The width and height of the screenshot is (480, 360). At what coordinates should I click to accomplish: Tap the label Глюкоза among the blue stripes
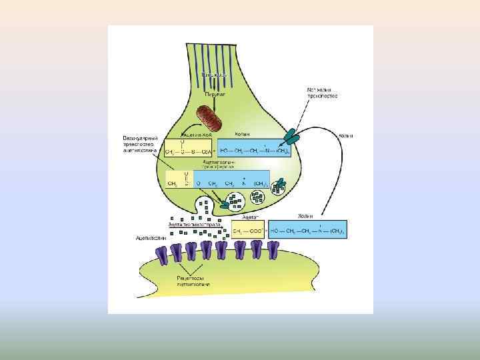[x=215, y=75]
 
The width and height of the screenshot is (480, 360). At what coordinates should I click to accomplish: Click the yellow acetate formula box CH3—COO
[x=247, y=231]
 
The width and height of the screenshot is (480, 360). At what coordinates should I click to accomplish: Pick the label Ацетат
[x=250, y=217]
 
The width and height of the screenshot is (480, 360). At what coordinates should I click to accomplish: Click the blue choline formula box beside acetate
[x=307, y=231]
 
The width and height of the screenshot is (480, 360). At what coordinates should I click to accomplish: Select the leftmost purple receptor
[x=162, y=252]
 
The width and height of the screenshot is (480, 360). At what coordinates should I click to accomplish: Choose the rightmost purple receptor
[x=273, y=250]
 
